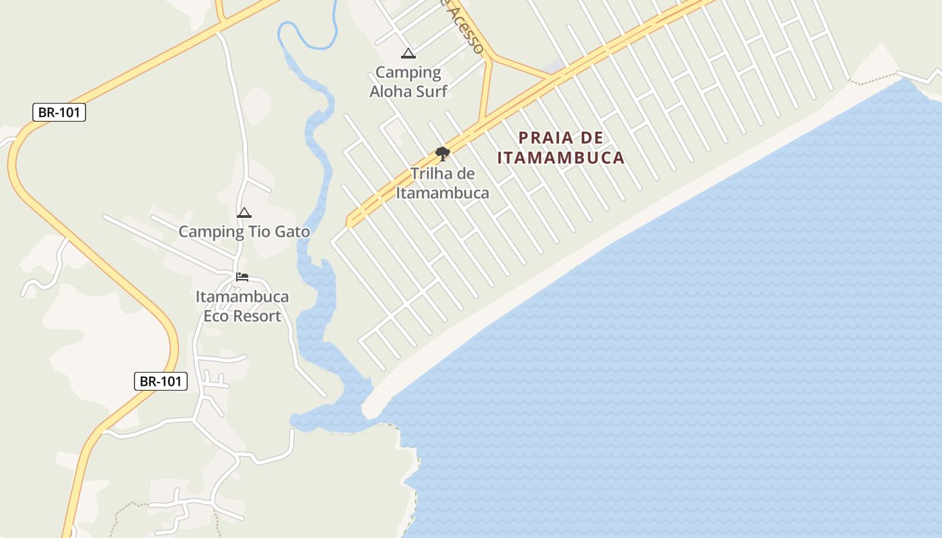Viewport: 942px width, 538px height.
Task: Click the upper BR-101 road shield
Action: point(59,112)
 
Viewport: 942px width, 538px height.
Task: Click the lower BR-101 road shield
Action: point(160,381)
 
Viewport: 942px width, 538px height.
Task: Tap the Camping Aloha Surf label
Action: point(408,81)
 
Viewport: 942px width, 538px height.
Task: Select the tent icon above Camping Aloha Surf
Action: point(408,54)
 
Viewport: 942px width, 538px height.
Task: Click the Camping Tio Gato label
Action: point(244,232)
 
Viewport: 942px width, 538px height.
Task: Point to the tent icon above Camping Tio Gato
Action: point(244,213)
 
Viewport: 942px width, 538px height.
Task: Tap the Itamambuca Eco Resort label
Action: point(242,306)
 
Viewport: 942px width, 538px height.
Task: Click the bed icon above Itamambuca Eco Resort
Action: point(242,276)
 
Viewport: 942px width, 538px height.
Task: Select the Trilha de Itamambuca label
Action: point(442,183)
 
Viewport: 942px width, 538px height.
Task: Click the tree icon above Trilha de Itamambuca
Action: point(442,154)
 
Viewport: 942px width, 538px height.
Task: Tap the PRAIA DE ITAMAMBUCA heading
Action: point(561,148)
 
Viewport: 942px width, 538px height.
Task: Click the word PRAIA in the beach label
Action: point(546,138)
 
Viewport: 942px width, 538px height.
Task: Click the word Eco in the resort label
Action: point(216,316)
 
